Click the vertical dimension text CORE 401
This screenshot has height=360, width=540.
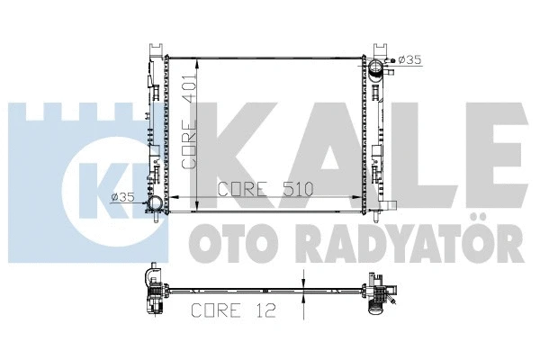(190, 122)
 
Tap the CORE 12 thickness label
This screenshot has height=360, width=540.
(230, 311)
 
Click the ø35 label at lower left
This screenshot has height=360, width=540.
(123, 198)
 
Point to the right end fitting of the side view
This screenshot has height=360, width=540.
(379, 292)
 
